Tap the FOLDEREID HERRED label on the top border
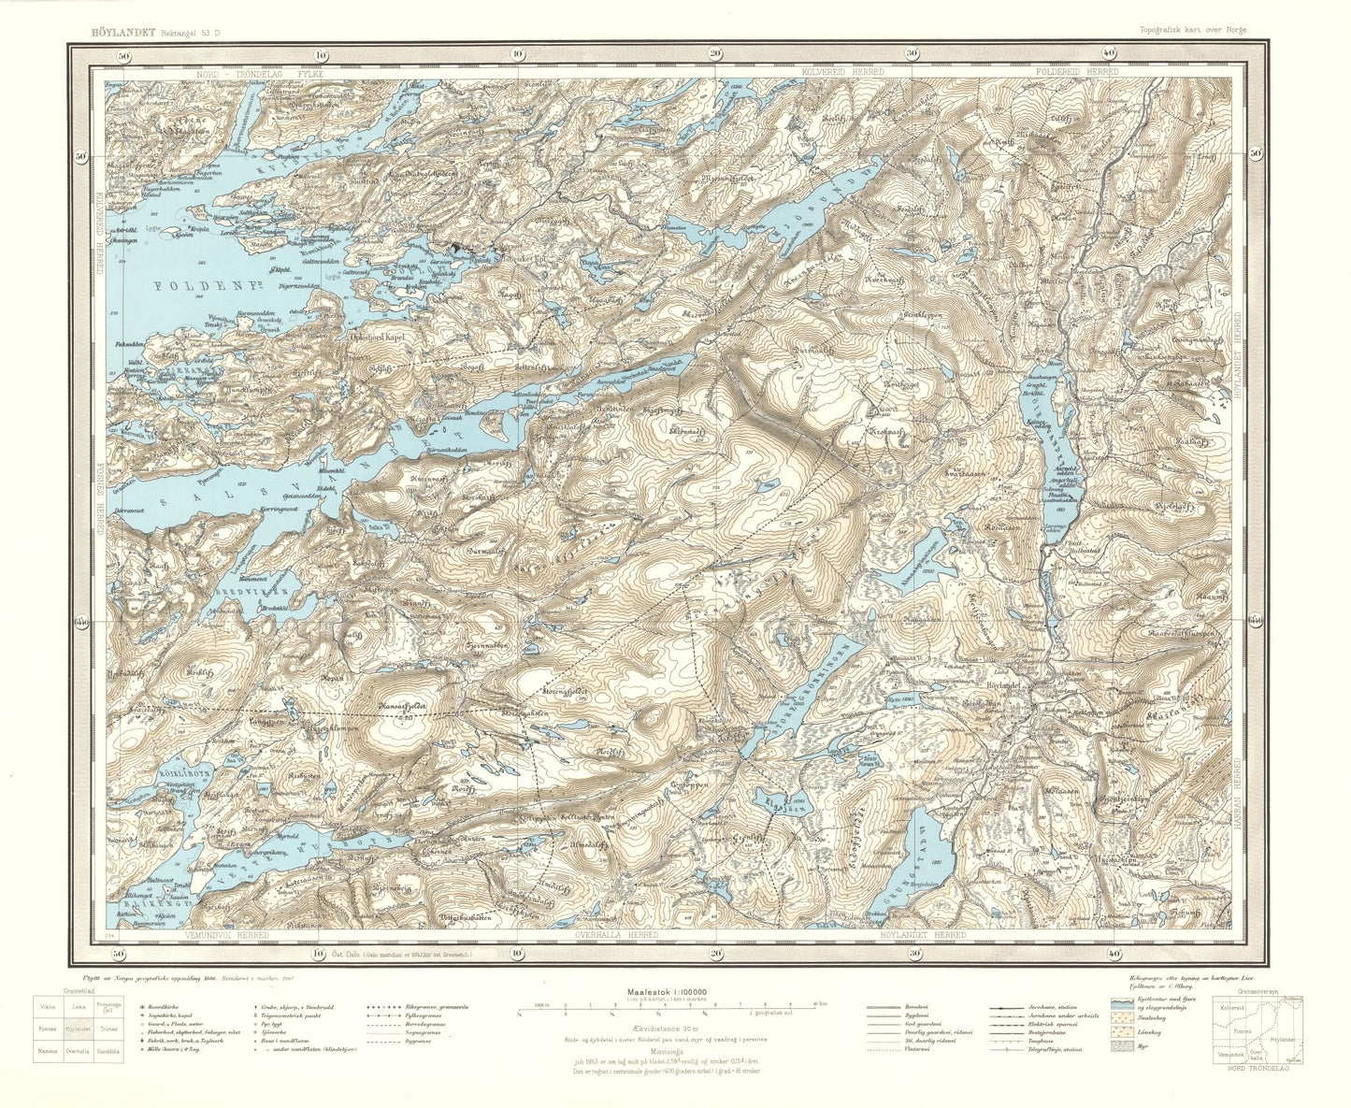tap(1076, 71)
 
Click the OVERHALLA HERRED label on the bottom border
tap(613, 934)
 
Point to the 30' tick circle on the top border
tap(913, 54)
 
